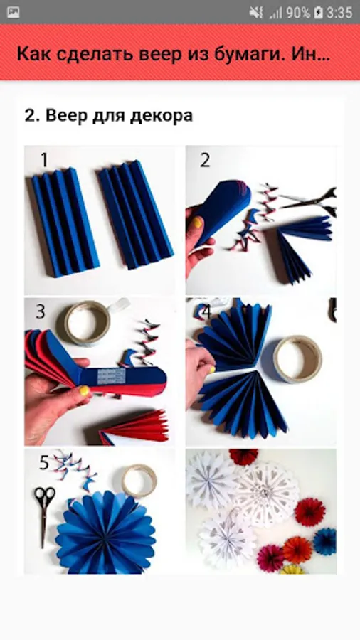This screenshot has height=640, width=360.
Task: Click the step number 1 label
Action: pyautogui.click(x=44, y=160)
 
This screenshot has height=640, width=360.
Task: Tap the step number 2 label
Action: pyautogui.click(x=205, y=160)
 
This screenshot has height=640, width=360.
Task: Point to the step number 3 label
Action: pyautogui.click(x=40, y=312)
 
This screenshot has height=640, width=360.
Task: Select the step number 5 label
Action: pyautogui.click(x=43, y=463)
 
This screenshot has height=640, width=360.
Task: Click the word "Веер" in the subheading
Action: pyautogui.click(x=63, y=116)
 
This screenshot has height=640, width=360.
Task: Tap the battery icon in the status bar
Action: pyautogui.click(x=318, y=13)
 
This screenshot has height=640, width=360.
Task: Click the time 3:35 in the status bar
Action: pyautogui.click(x=339, y=13)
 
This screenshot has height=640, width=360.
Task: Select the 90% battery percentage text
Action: pyautogui.click(x=298, y=13)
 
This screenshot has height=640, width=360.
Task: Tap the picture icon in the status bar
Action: pyautogui.click(x=13, y=13)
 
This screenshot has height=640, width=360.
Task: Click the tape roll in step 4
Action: pyautogui.click(x=297, y=359)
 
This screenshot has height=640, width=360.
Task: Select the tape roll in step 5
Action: pyautogui.click(x=139, y=481)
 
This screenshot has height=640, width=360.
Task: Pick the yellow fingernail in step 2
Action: pyautogui.click(x=198, y=223)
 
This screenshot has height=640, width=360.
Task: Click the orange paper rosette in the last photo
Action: pyautogui.click(x=297, y=550)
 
